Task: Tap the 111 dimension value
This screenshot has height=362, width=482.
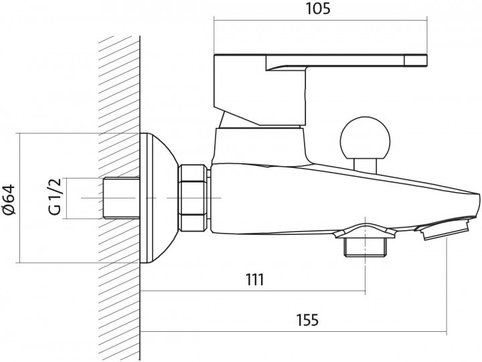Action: coord(254,280)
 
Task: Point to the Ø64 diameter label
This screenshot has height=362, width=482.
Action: coord(9,199)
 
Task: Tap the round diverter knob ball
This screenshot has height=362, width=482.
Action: coord(365,139)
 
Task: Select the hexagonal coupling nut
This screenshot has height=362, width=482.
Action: coord(193,198)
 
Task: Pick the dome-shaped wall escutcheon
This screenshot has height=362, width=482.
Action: coord(159,199)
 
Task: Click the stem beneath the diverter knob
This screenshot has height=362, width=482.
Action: coord(365,163)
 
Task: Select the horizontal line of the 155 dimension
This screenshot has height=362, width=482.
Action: coord(295,331)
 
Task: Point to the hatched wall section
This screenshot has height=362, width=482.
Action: coord(119,100)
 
